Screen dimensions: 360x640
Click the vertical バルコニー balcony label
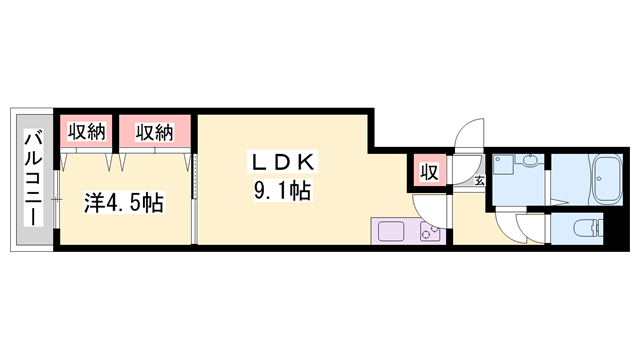[31, 177]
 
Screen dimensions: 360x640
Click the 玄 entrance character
[479, 181]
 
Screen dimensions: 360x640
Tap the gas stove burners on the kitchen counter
[428, 234]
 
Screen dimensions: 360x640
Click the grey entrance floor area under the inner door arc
[466, 190]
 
